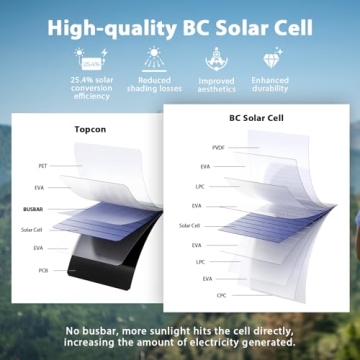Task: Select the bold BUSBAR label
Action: (x=32, y=211)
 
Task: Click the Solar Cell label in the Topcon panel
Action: (x=33, y=229)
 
